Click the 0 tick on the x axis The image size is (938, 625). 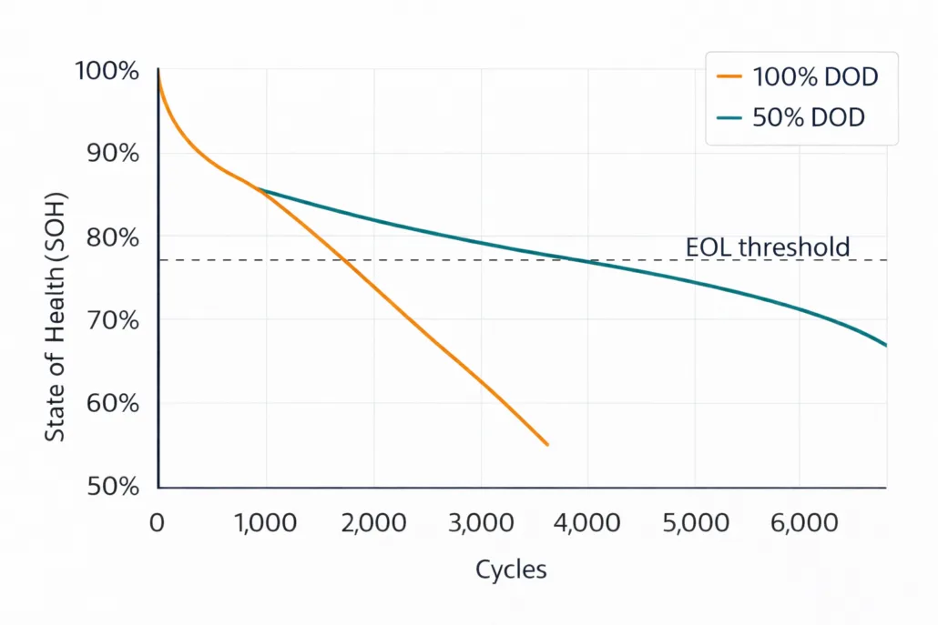[158, 523]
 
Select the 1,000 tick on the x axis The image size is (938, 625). [265, 523]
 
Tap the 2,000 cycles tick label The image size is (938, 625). [372, 523]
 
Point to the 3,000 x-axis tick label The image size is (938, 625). [480, 523]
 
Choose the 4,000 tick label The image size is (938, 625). [587, 523]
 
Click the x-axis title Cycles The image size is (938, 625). [511, 570]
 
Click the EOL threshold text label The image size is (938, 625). [767, 247]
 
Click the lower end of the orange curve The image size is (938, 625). [547, 445]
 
